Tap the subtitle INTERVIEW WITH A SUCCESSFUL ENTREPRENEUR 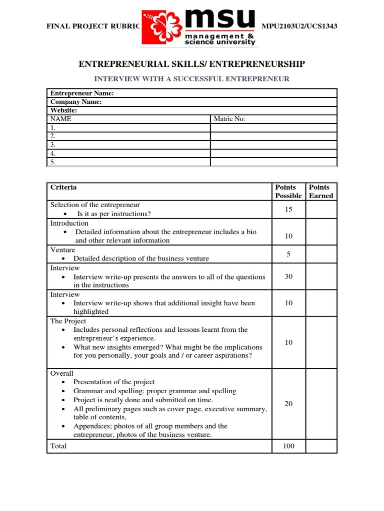[x=192, y=79]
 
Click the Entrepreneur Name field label [x=82, y=93]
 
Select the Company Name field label [x=76, y=102]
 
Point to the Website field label [x=63, y=110]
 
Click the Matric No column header [x=229, y=119]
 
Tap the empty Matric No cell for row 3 [x=273, y=145]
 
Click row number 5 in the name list [x=53, y=162]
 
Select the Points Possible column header [x=288, y=191]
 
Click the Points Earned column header [x=321, y=191]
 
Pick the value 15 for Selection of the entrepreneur [x=288, y=210]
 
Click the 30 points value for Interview [x=288, y=276]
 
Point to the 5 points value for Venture [x=288, y=254]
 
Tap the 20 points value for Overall [x=288, y=404]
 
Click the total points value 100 [x=288, y=446]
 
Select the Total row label [x=58, y=446]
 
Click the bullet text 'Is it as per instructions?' [x=114, y=214]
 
